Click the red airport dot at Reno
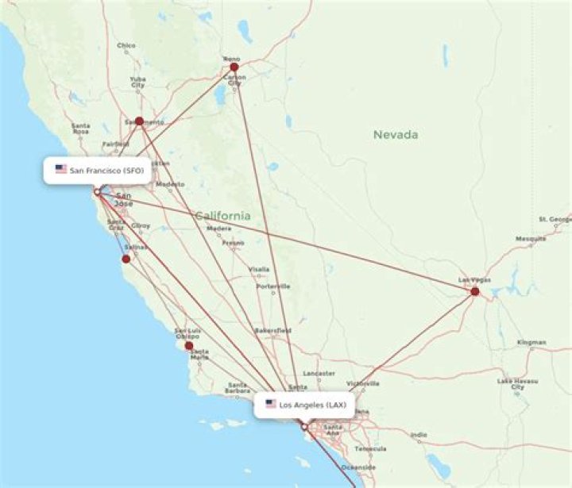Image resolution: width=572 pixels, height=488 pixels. click(234, 67)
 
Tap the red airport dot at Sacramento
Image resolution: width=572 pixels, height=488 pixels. click(139, 121)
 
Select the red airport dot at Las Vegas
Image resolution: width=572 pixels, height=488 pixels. click(475, 291)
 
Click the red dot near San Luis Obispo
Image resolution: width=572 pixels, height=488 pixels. click(189, 345)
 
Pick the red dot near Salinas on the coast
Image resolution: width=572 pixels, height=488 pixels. click(126, 259)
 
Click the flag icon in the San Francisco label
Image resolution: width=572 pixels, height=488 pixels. click(60, 169)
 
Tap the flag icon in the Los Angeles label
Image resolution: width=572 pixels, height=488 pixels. click(270, 404)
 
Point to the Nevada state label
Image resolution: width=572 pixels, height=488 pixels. click(396, 135)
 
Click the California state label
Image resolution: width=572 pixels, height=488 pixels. click(222, 216)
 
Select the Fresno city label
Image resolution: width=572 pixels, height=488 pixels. click(233, 243)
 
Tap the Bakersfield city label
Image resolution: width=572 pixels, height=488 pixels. click(272, 329)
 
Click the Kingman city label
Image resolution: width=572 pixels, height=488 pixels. click(531, 342)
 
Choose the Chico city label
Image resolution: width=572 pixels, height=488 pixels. click(126, 45)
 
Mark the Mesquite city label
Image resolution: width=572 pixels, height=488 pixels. click(530, 239)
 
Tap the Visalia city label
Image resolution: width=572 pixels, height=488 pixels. click(259, 269)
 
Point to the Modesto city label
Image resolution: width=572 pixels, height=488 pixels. click(169, 184)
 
